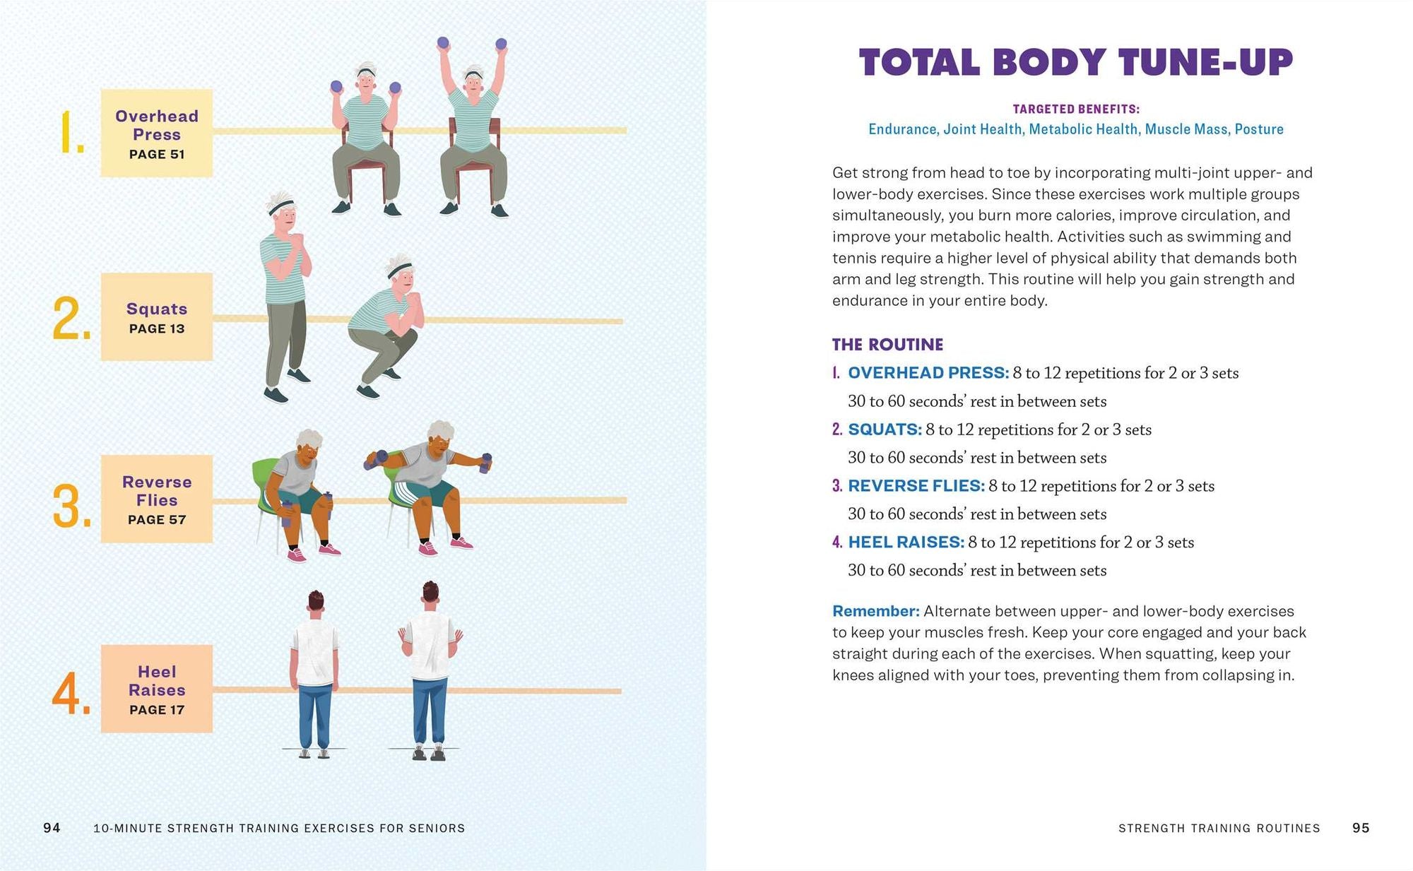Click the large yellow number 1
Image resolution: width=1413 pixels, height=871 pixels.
[71, 132]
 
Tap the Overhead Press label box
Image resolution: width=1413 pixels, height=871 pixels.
[156, 133]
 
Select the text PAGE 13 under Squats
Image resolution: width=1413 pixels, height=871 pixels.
[156, 328]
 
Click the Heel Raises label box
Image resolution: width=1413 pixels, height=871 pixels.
[156, 689]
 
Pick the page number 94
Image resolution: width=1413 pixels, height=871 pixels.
[52, 828]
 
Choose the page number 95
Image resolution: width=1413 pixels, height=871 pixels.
[1361, 828]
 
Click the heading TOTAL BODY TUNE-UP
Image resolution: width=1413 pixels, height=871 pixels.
[1075, 62]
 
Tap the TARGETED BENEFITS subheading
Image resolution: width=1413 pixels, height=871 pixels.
[1075, 109]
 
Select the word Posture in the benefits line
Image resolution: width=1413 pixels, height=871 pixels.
[1259, 129]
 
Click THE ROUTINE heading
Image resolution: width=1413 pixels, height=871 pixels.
[887, 345]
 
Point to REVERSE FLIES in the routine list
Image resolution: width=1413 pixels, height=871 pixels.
[916, 486]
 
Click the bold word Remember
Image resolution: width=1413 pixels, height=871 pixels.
[875, 611]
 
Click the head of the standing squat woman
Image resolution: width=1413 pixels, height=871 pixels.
[282, 211]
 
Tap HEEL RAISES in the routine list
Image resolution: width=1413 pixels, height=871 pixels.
[906, 543]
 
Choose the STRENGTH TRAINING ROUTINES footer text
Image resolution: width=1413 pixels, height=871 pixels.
[1219, 828]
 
